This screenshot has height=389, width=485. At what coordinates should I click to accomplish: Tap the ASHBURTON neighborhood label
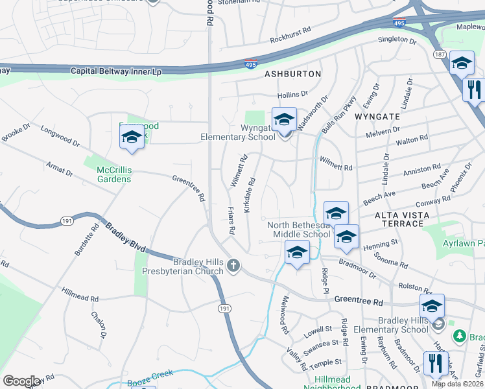[x=293, y=74]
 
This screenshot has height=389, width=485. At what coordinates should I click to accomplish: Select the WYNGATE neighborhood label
[x=376, y=117]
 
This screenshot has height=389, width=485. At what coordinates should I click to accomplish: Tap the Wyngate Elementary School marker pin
[x=284, y=121]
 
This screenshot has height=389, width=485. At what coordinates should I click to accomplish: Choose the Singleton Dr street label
[x=397, y=40]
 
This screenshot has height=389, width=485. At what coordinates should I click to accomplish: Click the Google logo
[x=22, y=381]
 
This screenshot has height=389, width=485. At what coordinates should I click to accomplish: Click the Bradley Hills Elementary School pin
[x=432, y=306]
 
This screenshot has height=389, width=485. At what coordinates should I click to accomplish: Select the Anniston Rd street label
[x=421, y=171]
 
